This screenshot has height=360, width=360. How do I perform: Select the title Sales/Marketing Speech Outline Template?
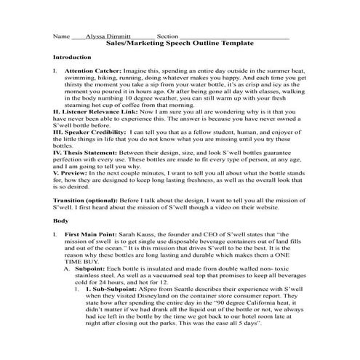point(180,43)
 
